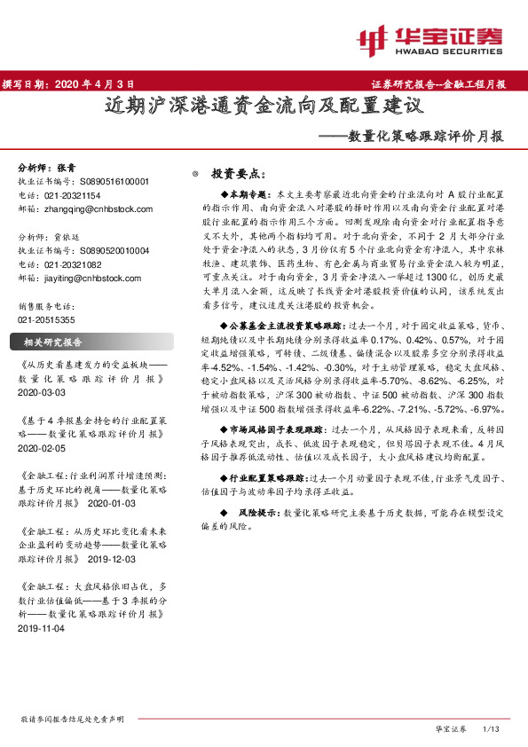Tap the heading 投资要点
click(x=239, y=174)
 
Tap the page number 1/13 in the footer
click(x=490, y=728)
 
